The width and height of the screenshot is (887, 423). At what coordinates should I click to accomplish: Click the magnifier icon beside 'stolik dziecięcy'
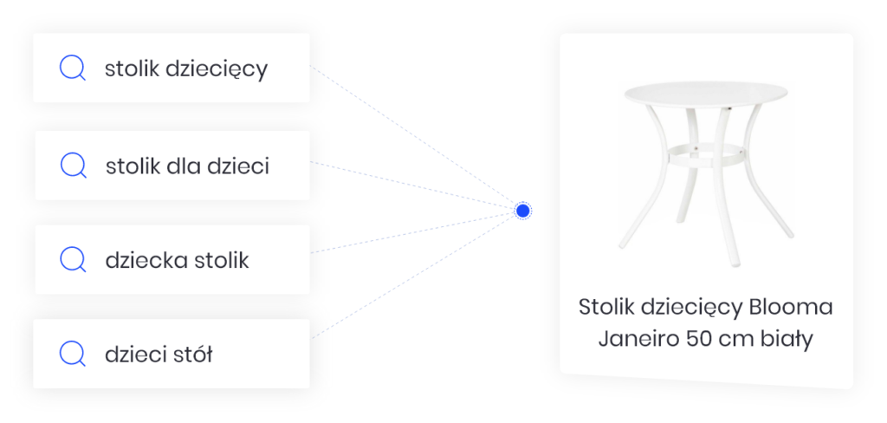click(72, 68)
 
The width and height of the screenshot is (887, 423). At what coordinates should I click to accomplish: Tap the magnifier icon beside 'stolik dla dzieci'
click(73, 166)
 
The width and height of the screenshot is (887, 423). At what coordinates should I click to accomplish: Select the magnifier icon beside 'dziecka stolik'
click(73, 259)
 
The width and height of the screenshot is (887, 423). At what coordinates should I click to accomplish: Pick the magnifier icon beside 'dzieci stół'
click(72, 354)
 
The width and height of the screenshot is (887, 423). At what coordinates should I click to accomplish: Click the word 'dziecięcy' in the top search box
click(217, 69)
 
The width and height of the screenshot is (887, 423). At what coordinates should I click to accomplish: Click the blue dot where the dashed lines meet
click(523, 211)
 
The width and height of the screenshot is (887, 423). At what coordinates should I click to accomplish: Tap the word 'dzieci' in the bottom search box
click(137, 354)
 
